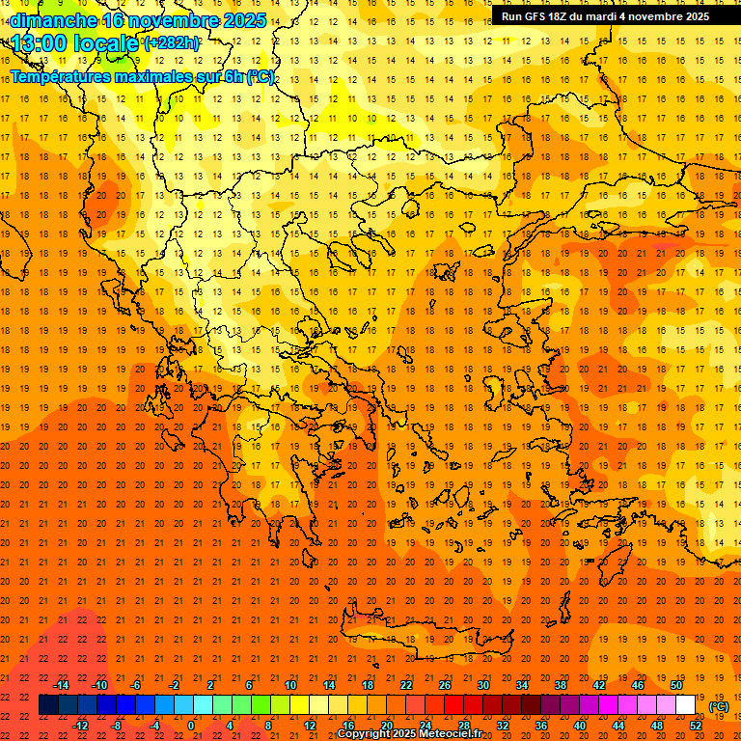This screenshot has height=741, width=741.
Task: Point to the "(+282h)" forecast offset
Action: tap(172, 42)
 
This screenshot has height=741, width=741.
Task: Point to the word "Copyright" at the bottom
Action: tap(364, 734)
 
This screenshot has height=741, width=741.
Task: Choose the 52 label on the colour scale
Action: tap(696, 726)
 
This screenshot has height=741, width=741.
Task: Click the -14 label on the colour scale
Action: tap(61, 685)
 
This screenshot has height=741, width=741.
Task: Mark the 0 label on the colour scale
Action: tap(191, 726)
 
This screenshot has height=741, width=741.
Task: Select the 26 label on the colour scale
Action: tap(445, 685)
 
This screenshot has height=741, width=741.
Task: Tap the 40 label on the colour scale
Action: tap(580, 726)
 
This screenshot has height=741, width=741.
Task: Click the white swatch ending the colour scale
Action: tap(685, 705)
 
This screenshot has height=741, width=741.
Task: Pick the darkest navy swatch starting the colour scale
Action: tap(48, 705)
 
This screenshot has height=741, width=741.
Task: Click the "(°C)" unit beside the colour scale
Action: tap(719, 706)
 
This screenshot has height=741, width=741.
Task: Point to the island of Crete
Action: tap(415, 637)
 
